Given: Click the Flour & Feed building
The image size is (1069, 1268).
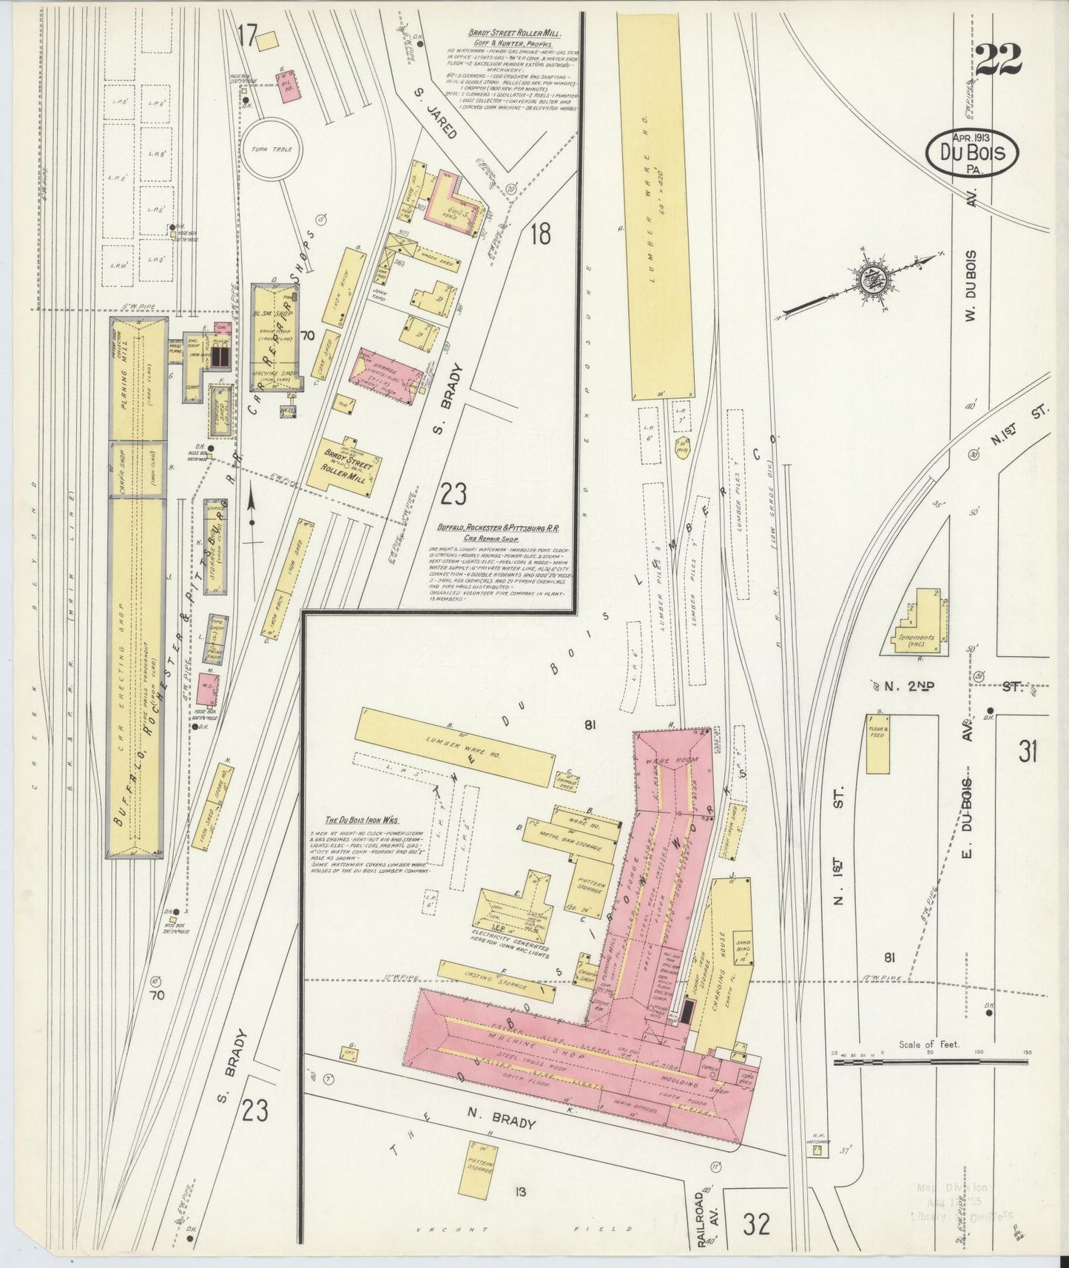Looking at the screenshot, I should click(878, 743).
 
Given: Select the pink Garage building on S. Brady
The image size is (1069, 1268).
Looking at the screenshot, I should click(389, 374).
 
